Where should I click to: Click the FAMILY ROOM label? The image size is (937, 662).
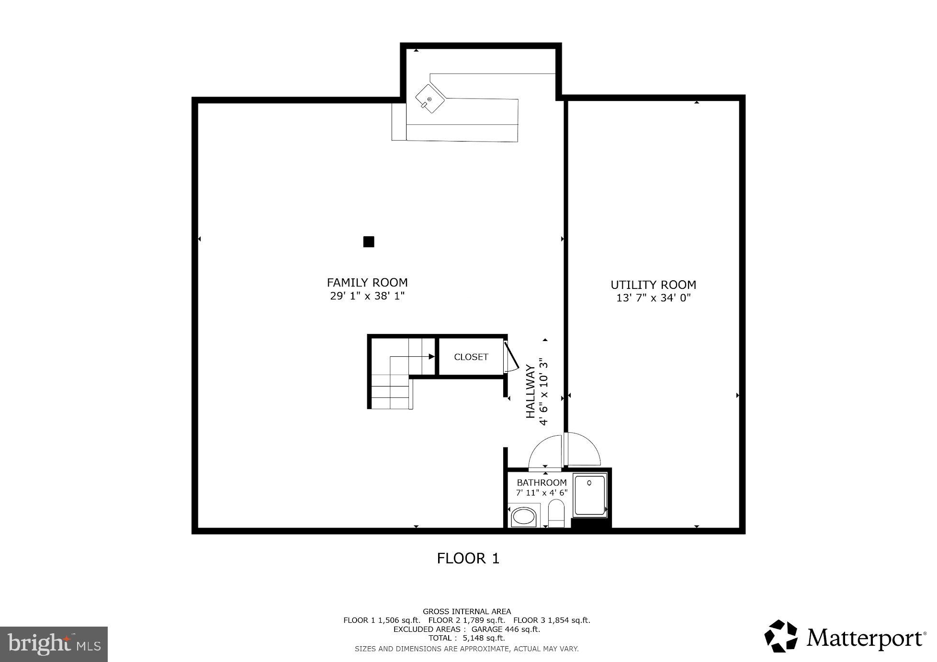(367, 283)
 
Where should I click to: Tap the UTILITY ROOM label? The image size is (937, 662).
(653, 285)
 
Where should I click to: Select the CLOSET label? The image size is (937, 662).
(471, 357)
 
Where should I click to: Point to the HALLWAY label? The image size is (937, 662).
(531, 391)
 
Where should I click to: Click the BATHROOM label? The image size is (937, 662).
(542, 483)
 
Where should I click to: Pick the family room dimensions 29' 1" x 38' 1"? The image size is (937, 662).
(367, 296)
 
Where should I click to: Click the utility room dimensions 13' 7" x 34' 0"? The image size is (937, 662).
(653, 298)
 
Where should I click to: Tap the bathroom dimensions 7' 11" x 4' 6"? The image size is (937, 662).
(542, 493)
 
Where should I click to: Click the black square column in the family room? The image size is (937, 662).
(369, 242)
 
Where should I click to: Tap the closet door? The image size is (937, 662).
(510, 356)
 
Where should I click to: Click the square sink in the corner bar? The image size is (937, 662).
(429, 99)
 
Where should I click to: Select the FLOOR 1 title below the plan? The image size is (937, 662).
(468, 558)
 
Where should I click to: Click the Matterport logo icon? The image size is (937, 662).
(780, 636)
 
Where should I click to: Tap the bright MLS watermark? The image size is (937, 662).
(54, 644)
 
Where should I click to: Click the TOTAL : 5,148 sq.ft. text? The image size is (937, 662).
(467, 638)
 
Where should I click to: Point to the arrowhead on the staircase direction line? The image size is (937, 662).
(431, 356)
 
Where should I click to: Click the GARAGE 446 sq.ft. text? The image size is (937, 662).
(506, 629)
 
